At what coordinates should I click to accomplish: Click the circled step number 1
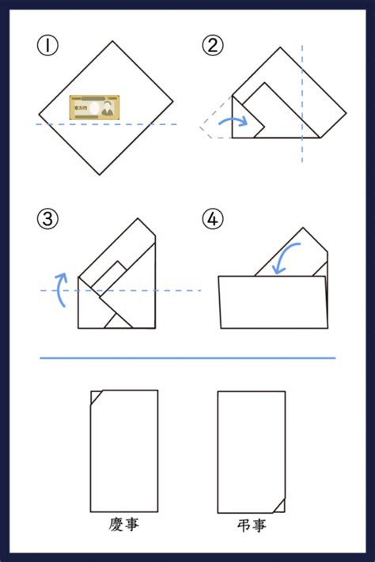47,46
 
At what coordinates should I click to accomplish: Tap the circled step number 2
213,46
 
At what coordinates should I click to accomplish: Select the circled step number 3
47,218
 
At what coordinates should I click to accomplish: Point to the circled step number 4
213,218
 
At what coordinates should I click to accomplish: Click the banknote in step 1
94,107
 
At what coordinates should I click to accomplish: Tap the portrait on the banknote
107,108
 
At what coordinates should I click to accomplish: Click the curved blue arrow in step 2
233,120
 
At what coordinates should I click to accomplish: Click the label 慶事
123,525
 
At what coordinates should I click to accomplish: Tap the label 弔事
252,526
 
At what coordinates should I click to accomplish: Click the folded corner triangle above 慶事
96,397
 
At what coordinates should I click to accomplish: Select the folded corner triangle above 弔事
280,507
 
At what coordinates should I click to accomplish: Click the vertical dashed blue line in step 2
302,104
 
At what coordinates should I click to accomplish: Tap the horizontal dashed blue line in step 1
107,124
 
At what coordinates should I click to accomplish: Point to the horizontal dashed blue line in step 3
121,290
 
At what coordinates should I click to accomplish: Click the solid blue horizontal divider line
187,358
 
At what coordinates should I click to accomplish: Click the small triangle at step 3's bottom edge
118,322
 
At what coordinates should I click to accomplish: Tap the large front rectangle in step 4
274,302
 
